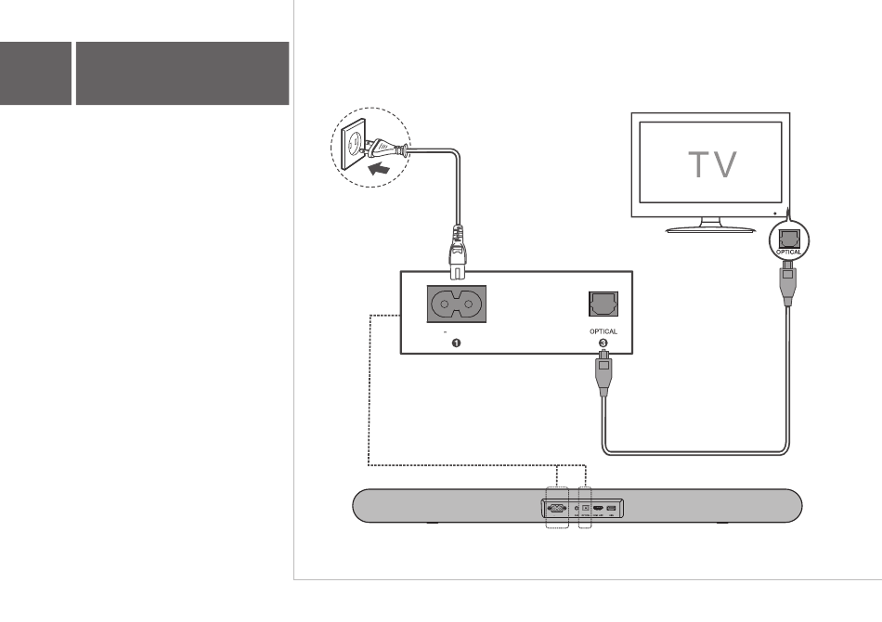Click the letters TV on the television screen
(712, 166)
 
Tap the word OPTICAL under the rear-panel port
(603, 331)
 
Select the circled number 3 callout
(603, 343)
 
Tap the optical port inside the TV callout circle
(787, 237)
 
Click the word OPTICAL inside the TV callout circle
(787, 252)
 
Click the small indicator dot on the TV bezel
(774, 212)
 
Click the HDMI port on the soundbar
(599, 508)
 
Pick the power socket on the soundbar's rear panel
(557, 508)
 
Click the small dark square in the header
(35, 72)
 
